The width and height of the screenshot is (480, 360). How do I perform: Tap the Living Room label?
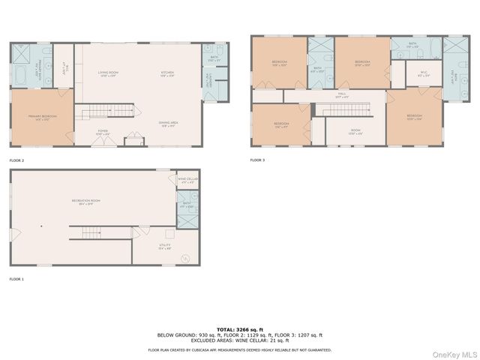109,74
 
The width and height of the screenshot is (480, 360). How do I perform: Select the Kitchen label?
168,74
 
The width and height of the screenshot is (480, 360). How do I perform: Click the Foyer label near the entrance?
103,131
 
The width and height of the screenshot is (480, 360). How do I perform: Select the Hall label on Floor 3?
342,96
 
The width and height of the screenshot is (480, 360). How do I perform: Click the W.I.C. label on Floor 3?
423,74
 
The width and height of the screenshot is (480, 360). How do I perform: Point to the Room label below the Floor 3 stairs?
355,133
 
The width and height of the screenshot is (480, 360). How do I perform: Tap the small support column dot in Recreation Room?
42,226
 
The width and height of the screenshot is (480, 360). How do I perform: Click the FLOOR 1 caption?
16,278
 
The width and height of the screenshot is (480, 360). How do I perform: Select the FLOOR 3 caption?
258,160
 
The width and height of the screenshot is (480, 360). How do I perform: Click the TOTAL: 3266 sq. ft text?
239,329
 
